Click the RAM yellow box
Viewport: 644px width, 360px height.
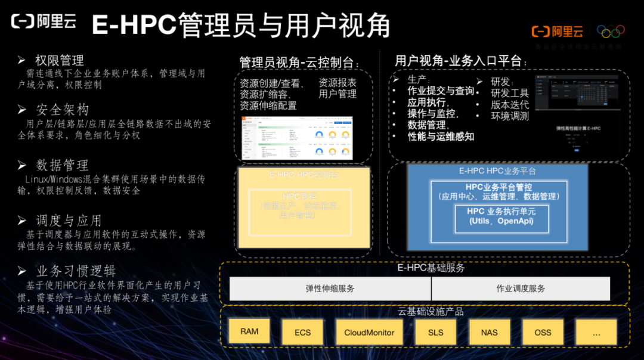[x=249, y=331]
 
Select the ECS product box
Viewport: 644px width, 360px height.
[x=302, y=332]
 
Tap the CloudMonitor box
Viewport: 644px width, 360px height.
[x=369, y=332]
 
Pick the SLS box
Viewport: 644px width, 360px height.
[x=436, y=332]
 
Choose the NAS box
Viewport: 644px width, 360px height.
[x=489, y=332]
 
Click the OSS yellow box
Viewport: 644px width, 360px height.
[x=543, y=332]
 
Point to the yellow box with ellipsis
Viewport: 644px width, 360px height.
[x=596, y=332]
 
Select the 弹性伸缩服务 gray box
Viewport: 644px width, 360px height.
[x=330, y=288]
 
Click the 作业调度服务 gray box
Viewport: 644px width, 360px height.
[x=521, y=288]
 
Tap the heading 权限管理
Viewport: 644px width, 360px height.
[x=59, y=60]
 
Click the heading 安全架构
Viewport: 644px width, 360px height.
[x=62, y=110]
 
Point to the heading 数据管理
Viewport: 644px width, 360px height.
[x=62, y=165]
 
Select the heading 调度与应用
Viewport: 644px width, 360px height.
[x=69, y=221]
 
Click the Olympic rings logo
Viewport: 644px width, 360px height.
[x=611, y=31]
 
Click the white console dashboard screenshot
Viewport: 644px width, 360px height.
[x=296, y=138]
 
